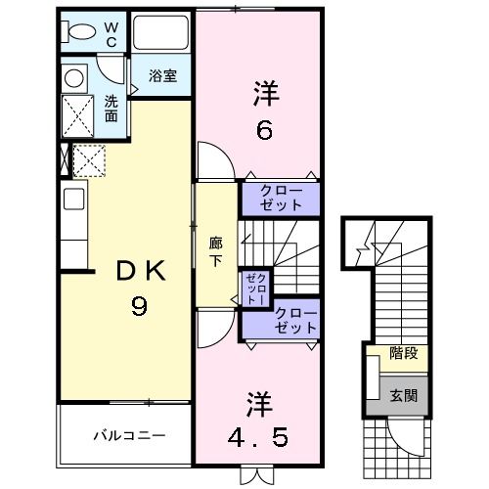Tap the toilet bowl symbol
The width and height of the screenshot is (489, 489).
[x=80, y=32]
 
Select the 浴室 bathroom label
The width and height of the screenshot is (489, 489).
[x=162, y=76]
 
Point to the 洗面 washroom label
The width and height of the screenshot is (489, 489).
[x=112, y=107]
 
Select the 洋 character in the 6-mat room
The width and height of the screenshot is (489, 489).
[x=266, y=95]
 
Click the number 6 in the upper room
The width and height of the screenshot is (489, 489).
[x=263, y=129]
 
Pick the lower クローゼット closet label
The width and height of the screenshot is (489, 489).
[x=295, y=321]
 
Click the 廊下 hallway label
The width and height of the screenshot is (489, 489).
[x=215, y=253]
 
